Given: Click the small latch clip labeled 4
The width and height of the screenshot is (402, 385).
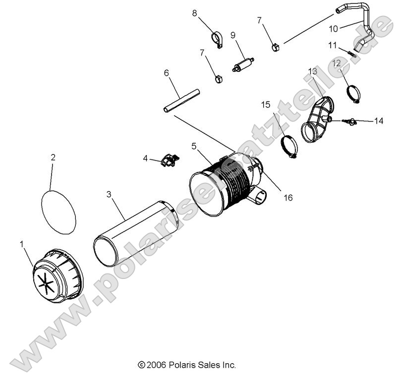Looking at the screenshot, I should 170,161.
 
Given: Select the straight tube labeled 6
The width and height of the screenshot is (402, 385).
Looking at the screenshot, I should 181,100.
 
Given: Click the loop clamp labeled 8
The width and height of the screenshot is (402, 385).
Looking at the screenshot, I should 217,40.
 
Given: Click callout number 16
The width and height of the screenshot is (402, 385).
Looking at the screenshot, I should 287,197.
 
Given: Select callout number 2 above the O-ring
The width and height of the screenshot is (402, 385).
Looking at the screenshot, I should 53,158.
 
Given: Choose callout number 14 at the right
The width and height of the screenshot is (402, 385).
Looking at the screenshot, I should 378,121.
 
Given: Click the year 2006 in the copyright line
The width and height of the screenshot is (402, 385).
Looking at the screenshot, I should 156,365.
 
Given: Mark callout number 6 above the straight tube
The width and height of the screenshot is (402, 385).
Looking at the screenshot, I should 167,73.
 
